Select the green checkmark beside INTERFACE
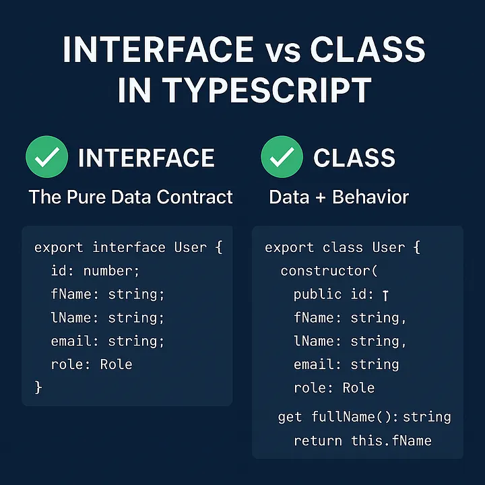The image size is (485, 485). (x=46, y=158)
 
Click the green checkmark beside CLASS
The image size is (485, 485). (x=282, y=158)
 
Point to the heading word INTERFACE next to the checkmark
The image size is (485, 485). (x=146, y=158)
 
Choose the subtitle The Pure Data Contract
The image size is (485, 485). (x=131, y=197)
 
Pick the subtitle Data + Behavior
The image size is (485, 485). (x=339, y=197)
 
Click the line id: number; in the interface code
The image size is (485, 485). (x=97, y=271)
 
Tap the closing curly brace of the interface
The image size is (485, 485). (x=38, y=387)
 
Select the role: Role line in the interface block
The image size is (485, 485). (x=92, y=364)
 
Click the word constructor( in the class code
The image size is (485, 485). (x=329, y=271)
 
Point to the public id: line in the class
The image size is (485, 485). (x=341, y=294)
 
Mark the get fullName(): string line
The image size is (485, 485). (x=364, y=417)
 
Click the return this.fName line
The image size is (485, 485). (x=362, y=441)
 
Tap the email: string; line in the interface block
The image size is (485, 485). (x=108, y=341)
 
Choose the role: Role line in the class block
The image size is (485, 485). (x=334, y=387)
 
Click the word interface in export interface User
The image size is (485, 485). (x=129, y=247)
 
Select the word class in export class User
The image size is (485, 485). (x=343, y=247)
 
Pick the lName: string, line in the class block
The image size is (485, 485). (x=350, y=341)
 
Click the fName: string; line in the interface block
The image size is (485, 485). (x=108, y=294)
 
